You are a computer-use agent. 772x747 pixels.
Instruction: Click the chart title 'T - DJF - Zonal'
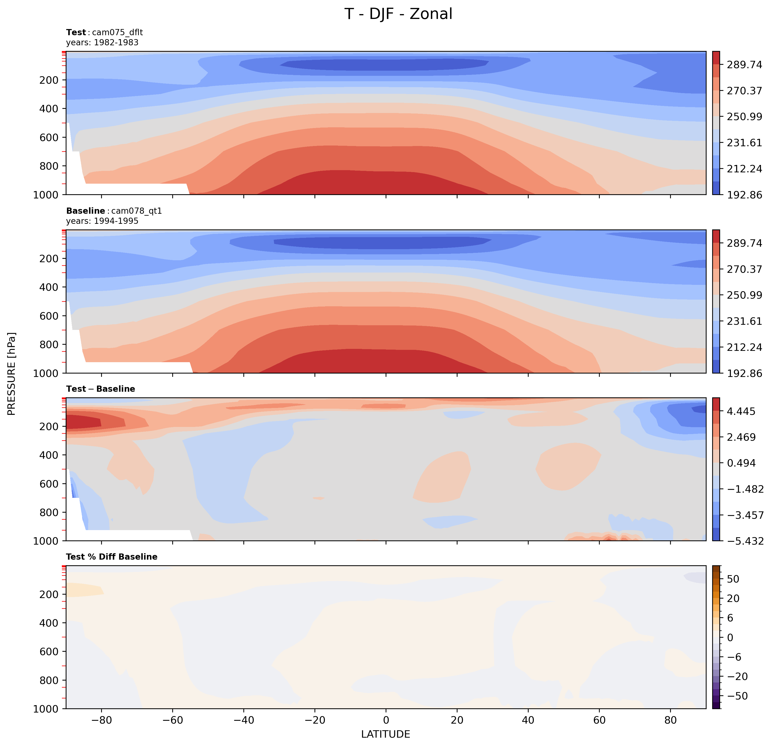click(x=398, y=14)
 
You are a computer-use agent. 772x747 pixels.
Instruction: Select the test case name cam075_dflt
click(x=117, y=32)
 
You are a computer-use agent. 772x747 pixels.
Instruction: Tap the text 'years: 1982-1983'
click(x=102, y=43)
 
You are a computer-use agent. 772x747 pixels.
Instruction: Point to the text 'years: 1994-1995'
click(x=102, y=221)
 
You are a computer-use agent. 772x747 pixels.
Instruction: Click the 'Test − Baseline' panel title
click(x=100, y=389)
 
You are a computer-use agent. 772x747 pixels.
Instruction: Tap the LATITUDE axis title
click(x=386, y=734)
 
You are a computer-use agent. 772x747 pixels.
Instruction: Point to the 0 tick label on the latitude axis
click(x=386, y=720)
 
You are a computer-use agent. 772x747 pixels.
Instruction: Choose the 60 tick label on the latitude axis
click(x=599, y=720)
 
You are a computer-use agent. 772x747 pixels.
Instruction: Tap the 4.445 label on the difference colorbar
click(x=741, y=411)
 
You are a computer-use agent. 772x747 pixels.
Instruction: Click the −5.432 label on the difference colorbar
click(x=744, y=541)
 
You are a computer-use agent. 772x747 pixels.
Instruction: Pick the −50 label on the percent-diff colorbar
click(x=737, y=696)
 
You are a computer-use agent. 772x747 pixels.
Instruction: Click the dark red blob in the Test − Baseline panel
click(x=83, y=422)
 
